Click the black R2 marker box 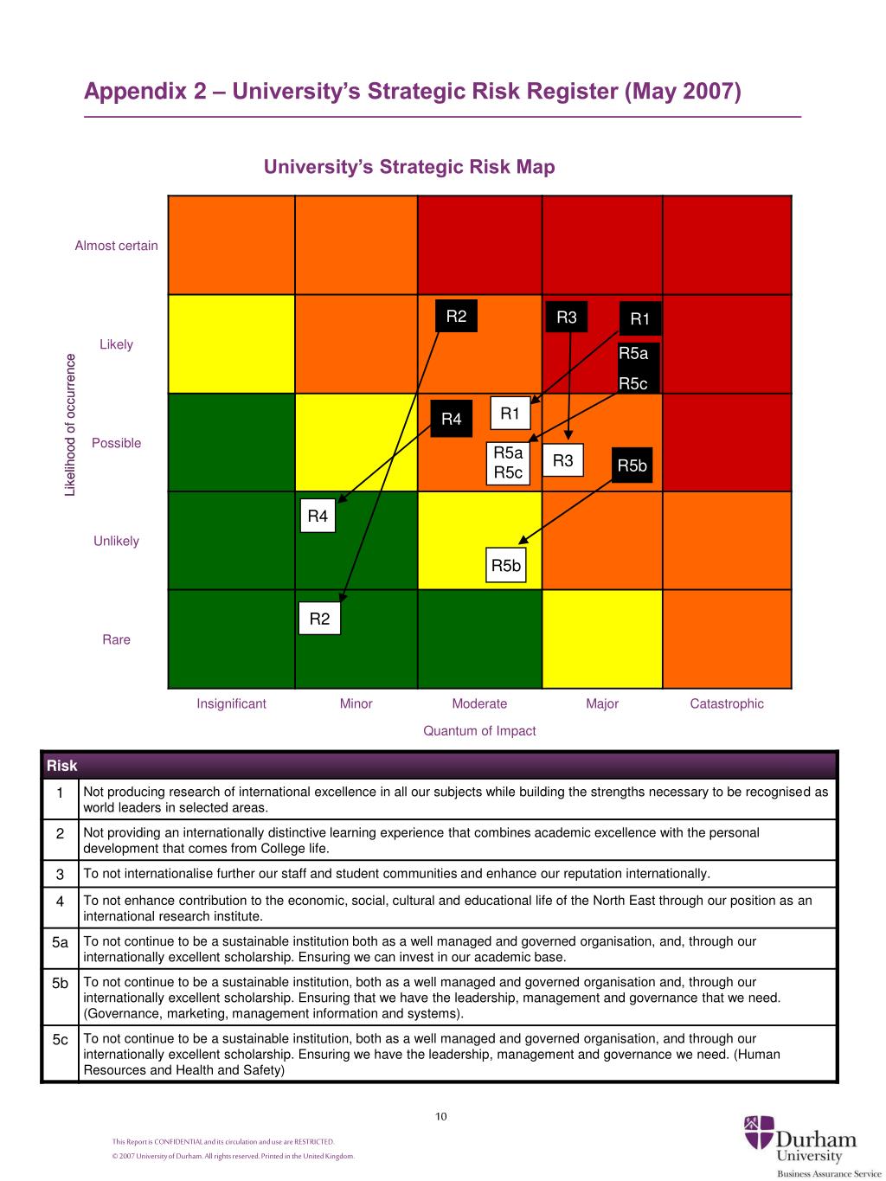click(x=456, y=317)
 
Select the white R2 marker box click(x=319, y=619)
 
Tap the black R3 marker click(x=567, y=318)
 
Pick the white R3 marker click(x=562, y=461)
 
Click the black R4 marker click(x=452, y=420)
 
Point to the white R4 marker click(x=318, y=517)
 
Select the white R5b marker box click(x=506, y=566)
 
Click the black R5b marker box click(x=632, y=466)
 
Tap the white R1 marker click(x=510, y=414)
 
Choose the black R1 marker click(x=640, y=319)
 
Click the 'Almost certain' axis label click(x=117, y=246)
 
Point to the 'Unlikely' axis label click(x=116, y=542)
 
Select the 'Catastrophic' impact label click(x=727, y=704)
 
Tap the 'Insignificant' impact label click(x=231, y=704)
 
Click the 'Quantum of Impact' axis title click(x=479, y=731)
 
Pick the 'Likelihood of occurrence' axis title click(x=71, y=425)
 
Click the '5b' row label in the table click(x=60, y=984)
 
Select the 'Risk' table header click(x=62, y=766)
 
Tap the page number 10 click(x=441, y=1117)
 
